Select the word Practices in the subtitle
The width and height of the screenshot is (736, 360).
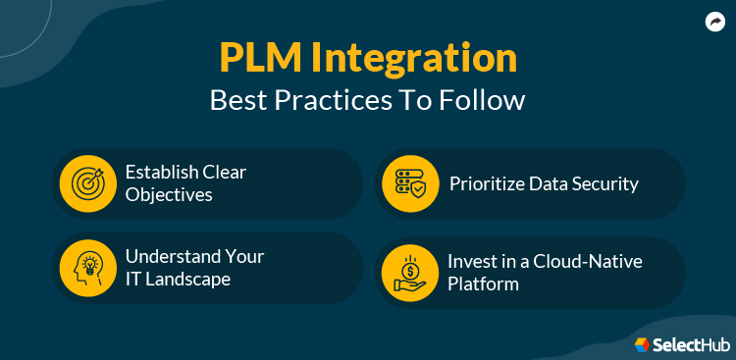tap(340, 101)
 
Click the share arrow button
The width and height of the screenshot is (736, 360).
tap(713, 22)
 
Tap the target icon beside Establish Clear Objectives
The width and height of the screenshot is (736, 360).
tap(83, 183)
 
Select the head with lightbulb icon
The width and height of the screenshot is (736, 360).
tap(83, 267)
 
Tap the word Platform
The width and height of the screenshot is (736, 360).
tap(484, 283)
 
